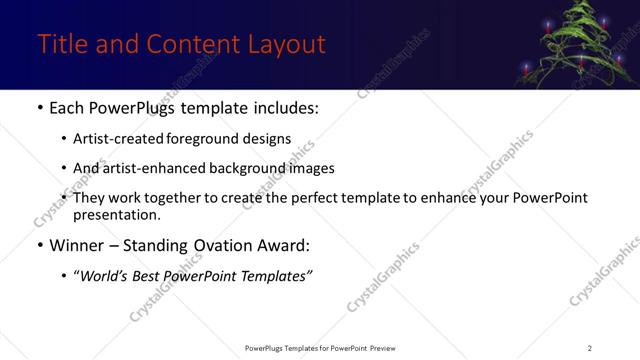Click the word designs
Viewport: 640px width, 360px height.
[269, 139]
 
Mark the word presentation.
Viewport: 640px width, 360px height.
[117, 214]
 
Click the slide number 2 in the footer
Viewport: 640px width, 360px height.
[589, 348]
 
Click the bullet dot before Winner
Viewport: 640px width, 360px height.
[39, 246]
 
